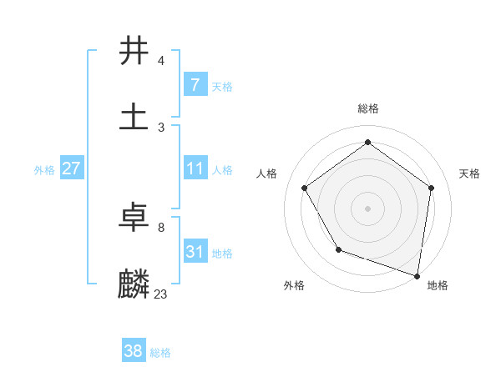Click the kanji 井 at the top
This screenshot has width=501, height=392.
coord(134,51)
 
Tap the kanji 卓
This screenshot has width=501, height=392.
coord(134,218)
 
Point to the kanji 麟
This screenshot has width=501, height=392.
coord(134,284)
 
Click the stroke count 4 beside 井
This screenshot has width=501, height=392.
coord(161,60)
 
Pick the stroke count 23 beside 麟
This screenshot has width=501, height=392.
coord(161,294)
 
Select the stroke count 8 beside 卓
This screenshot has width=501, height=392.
coord(161,227)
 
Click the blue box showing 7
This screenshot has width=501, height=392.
coord(195,84)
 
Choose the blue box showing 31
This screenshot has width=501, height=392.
coord(195,251)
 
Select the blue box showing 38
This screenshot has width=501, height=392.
coord(133,351)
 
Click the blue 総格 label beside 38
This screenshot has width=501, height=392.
coord(160,353)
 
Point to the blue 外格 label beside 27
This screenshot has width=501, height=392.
coord(44,169)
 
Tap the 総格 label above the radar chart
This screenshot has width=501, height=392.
coord(368,108)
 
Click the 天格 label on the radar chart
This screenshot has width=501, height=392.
coord(469,173)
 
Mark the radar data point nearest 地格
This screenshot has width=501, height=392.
coord(417,275)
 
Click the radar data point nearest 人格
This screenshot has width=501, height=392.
coord(305,188)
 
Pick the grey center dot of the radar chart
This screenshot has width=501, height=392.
coord(367,208)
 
